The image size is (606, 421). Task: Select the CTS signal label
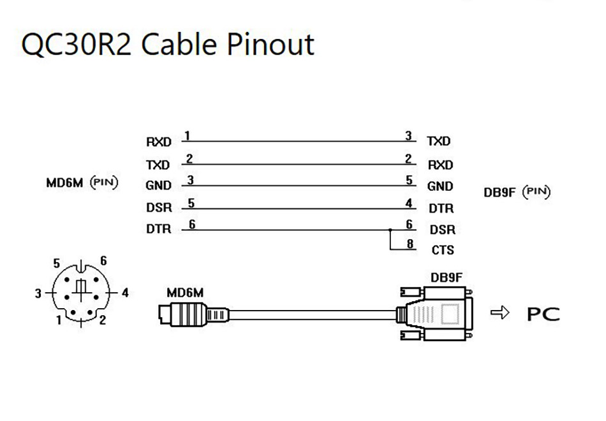[x=442, y=249]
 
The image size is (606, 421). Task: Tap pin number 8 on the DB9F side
[x=410, y=243]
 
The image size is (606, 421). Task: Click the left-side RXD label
[x=159, y=142]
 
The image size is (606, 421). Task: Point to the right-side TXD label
[x=438, y=141]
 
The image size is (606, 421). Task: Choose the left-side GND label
[x=159, y=186]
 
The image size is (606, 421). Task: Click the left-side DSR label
[x=159, y=208]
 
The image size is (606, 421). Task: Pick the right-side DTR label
[x=440, y=208]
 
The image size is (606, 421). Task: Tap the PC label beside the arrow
[x=543, y=314]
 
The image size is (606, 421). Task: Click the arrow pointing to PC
[x=499, y=313]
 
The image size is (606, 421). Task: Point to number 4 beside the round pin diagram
[x=125, y=293]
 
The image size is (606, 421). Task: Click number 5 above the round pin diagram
[x=57, y=262]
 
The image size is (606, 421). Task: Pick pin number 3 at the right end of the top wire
[x=408, y=136]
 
